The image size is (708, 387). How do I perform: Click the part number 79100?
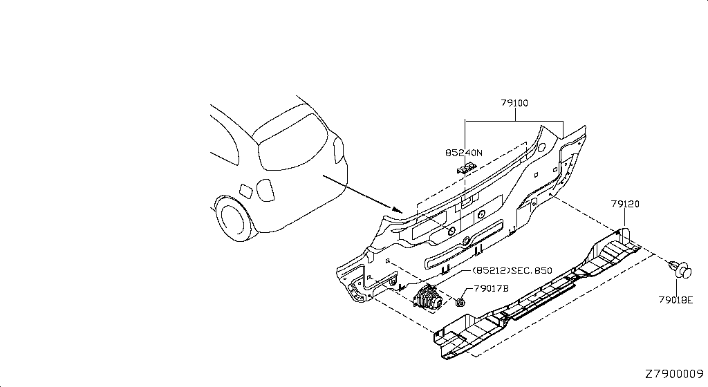[x=514, y=103]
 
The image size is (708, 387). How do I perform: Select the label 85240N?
[x=464, y=153]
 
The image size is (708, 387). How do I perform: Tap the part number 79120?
[x=625, y=204]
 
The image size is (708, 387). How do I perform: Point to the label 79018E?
[x=676, y=299]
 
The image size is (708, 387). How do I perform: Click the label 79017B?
[x=492, y=288]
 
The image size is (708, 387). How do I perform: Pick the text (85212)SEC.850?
[x=512, y=271]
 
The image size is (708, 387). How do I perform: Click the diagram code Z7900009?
[x=674, y=374]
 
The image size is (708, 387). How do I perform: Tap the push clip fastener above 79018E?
[x=680, y=269]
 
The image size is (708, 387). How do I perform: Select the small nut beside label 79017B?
[x=460, y=302]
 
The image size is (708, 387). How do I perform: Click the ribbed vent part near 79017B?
[x=429, y=298]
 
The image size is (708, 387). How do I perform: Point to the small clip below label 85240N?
[x=467, y=169]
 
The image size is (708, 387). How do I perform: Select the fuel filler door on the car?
[x=245, y=191]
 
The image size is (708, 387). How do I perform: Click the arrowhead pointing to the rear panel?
[x=397, y=209]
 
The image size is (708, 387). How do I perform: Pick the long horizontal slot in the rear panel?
[x=464, y=244]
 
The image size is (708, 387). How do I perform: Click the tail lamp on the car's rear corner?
[x=338, y=150]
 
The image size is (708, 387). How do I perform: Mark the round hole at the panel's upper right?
[x=541, y=147]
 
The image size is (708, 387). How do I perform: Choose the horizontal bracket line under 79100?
[x=514, y=121]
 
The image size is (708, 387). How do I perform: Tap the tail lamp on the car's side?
[x=265, y=190]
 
